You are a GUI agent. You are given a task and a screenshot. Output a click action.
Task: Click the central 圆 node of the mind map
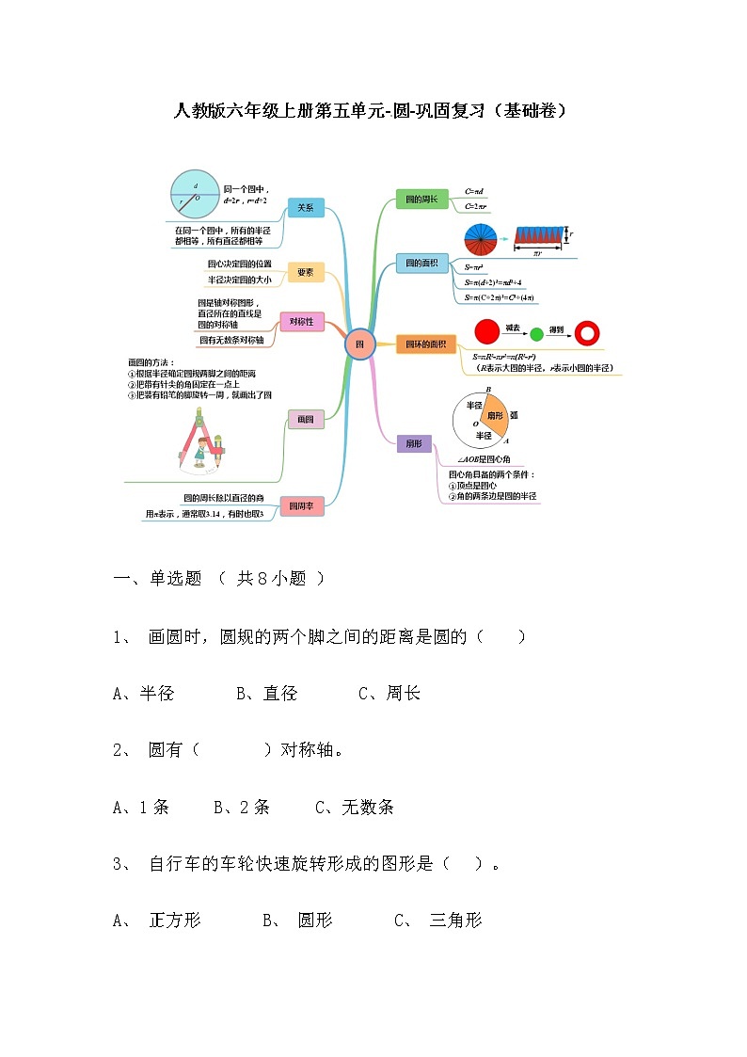[x=359, y=344]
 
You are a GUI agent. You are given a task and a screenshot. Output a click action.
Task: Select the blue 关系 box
[x=305, y=208]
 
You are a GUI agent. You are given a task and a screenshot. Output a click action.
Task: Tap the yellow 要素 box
[x=305, y=272]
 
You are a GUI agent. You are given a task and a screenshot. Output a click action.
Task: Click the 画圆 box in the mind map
[x=305, y=420]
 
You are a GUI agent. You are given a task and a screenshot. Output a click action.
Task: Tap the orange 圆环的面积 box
[x=424, y=345]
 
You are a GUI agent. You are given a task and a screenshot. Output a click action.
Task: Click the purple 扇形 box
[x=413, y=443]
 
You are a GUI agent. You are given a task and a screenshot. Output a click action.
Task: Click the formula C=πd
[x=474, y=192]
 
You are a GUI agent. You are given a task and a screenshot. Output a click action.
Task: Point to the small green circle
[x=537, y=333]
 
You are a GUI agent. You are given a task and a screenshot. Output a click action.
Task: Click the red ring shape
[x=587, y=332]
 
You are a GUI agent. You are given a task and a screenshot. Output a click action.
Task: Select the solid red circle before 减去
[x=486, y=331]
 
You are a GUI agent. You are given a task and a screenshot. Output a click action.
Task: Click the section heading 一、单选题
[x=157, y=579]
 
